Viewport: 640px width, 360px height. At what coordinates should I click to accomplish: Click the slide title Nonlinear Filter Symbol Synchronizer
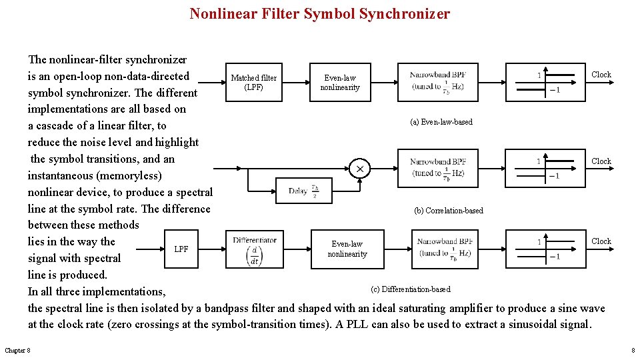[319, 13]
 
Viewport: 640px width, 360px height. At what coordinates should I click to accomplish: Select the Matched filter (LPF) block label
[253, 83]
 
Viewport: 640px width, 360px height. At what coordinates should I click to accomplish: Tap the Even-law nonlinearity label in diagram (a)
[340, 83]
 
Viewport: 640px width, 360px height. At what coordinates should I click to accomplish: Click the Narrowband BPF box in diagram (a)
[438, 81]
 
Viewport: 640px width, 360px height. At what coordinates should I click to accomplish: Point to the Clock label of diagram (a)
[601, 75]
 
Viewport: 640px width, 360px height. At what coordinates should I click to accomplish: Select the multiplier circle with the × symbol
[360, 169]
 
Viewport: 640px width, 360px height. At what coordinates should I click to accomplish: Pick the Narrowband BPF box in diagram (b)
[438, 168]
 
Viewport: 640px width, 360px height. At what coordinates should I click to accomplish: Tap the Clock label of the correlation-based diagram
[601, 161]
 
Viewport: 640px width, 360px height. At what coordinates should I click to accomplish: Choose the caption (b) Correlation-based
[449, 211]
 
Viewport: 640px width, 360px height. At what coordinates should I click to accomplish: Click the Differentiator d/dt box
[254, 249]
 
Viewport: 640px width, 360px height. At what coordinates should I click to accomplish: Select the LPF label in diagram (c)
[181, 249]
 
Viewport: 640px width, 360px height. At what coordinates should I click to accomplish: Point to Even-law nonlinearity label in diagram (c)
[347, 249]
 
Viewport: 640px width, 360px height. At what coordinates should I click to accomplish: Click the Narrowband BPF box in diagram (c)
[445, 249]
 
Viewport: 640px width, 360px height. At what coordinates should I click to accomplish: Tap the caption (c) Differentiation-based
[411, 289]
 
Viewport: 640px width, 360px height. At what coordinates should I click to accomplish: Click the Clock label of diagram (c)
[601, 241]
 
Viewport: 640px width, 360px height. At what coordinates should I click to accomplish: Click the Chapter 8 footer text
[17, 351]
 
